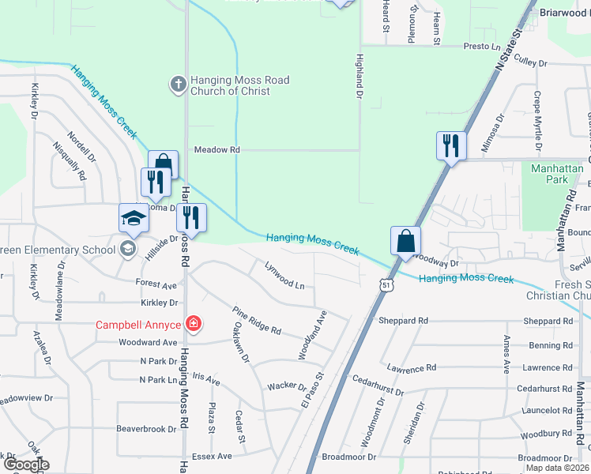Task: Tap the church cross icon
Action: tap(179, 82)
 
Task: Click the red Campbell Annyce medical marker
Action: tap(192, 323)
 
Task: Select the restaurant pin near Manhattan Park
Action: tap(451, 146)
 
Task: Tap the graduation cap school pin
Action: tap(134, 217)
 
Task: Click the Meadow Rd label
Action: tap(216, 149)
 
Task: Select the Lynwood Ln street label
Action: tap(284, 277)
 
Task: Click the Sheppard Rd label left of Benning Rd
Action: tap(403, 321)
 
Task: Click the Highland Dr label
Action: tap(359, 76)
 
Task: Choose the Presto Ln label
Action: tap(483, 47)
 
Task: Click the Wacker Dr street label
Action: tap(286, 386)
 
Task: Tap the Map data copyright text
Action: tap(556, 468)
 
